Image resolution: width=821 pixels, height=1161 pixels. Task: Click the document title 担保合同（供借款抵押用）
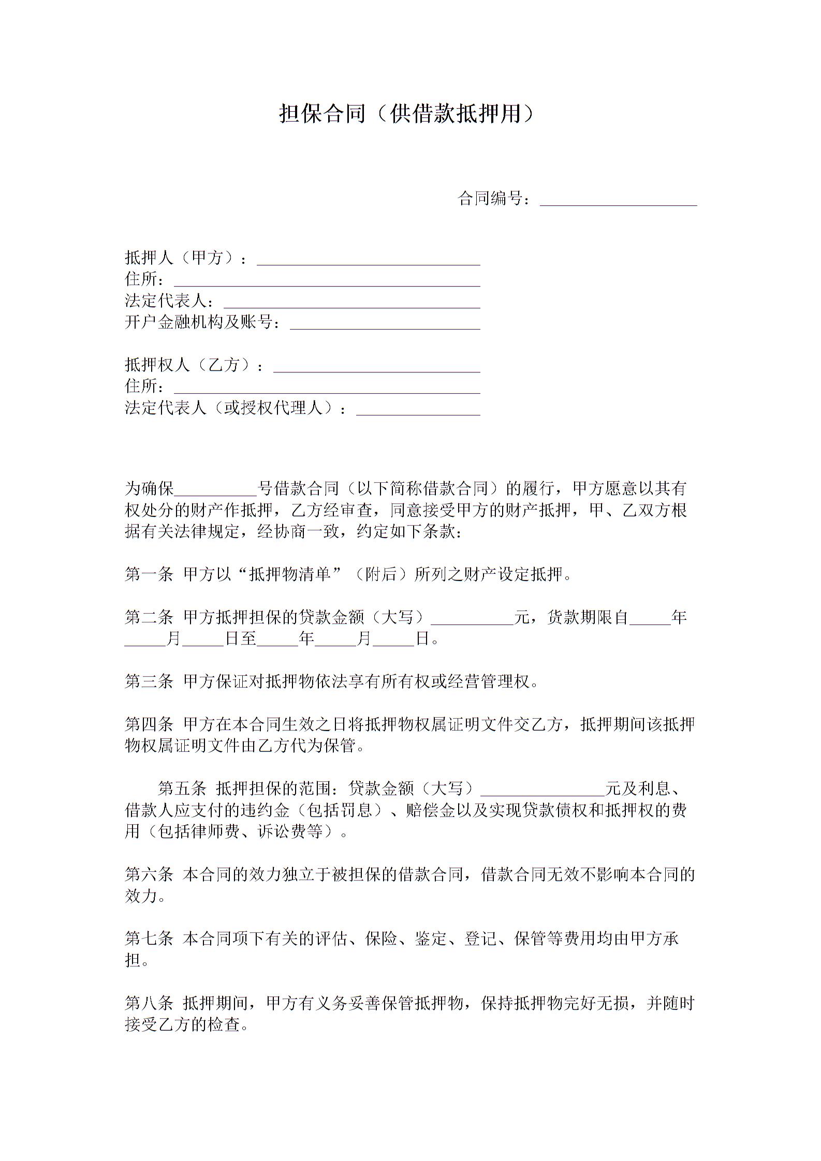(x=406, y=114)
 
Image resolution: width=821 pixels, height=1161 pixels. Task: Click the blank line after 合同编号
(x=618, y=200)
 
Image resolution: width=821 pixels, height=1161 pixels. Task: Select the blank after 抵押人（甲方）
(x=369, y=259)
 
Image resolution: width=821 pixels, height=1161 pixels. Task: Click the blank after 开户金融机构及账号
(x=385, y=323)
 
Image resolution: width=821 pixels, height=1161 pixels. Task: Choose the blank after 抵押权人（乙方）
(x=376, y=366)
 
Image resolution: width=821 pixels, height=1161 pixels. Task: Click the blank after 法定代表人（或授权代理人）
(x=418, y=409)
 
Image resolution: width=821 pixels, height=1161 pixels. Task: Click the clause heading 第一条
(x=149, y=574)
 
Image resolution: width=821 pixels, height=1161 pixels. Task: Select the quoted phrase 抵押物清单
(x=290, y=574)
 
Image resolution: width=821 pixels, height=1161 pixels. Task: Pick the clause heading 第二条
(x=149, y=617)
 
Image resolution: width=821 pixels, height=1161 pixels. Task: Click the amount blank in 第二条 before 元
(x=472, y=619)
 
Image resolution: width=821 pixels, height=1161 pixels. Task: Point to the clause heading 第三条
(x=149, y=682)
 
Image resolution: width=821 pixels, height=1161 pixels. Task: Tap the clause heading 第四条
(x=149, y=724)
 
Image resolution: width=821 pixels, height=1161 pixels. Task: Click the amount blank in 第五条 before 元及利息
(x=543, y=790)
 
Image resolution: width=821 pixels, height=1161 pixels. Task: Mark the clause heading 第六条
(x=149, y=875)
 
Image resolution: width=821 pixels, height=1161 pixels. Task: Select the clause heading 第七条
(x=149, y=939)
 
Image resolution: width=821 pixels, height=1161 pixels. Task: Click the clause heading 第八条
(x=149, y=1004)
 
